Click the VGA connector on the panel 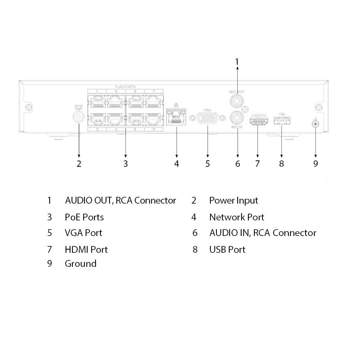click(208, 118)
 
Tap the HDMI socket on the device click(258, 120)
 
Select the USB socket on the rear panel click(282, 120)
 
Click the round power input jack click(79, 117)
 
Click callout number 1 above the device click(237, 62)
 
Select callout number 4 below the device click(176, 164)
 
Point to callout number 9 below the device click(316, 164)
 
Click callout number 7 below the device click(257, 164)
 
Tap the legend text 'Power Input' click(234, 200)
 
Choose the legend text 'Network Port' click(236, 217)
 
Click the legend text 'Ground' click(80, 264)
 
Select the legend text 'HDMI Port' click(86, 250)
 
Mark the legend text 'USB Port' click(227, 250)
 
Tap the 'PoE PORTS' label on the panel click(126, 86)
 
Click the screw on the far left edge click(28, 108)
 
